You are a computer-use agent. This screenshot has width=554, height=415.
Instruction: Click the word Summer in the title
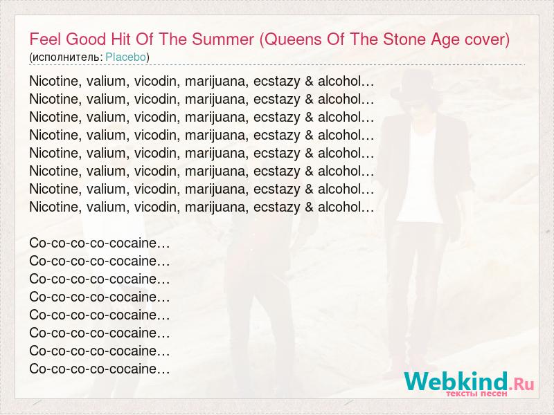[x=223, y=39]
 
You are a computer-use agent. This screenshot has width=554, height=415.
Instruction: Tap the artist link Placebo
[x=126, y=57]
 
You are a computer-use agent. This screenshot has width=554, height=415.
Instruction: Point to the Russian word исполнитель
[x=66, y=57]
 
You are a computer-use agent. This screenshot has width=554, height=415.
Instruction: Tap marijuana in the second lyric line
[x=215, y=100]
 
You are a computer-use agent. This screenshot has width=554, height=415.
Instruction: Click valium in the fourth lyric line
[x=106, y=135]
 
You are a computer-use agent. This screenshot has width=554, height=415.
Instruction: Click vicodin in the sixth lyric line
[x=154, y=171]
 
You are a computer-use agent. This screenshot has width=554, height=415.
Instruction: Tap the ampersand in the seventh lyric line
[x=309, y=189]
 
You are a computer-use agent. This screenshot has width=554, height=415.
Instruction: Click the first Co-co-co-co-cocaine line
[x=100, y=243]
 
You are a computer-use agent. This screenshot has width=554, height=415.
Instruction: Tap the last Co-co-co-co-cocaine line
[x=100, y=369]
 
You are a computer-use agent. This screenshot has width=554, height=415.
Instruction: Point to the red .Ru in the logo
[x=521, y=384]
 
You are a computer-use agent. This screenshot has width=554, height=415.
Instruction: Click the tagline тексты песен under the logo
[x=476, y=394]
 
